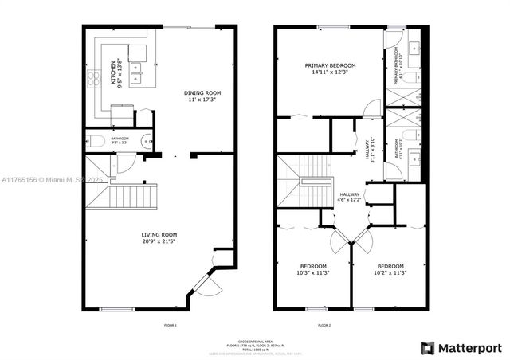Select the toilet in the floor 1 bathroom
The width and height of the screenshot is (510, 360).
coord(97,141)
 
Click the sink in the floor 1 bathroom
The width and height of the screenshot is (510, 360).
coord(146,141)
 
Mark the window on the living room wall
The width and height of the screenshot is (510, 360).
coord(117,309)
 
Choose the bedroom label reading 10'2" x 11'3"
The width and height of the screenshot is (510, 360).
coord(390,269)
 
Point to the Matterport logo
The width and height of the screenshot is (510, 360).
coord(461,348)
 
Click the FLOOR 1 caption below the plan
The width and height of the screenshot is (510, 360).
coord(169,325)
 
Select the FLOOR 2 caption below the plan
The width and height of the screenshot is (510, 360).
coord(324,325)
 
